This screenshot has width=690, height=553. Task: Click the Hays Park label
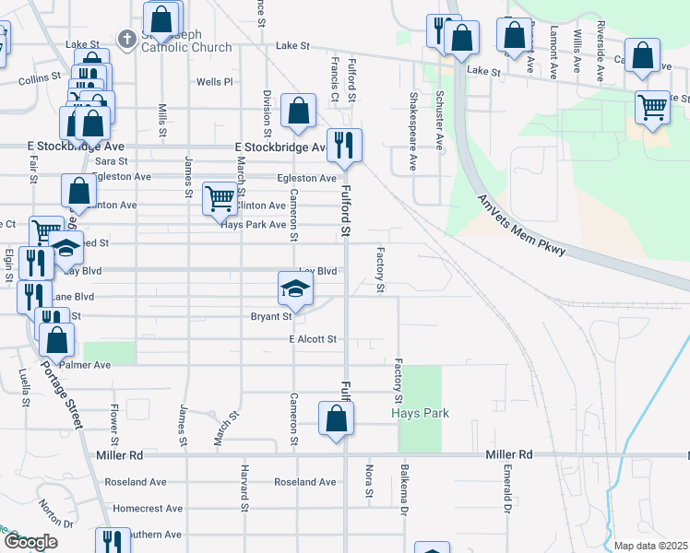pyautogui.click(x=420, y=413)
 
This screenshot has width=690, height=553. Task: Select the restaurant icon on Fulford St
pyautogui.click(x=344, y=146)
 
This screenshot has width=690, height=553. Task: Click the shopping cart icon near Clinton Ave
pyautogui.click(x=219, y=198)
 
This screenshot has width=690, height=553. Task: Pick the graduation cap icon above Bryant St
pyautogui.click(x=295, y=289)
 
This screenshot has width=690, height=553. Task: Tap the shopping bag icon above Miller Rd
pyautogui.click(x=337, y=418)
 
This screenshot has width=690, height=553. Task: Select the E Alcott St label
pyautogui.click(x=313, y=339)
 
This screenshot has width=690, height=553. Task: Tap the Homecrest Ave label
pyautogui.click(x=148, y=508)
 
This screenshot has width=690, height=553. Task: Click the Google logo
pyautogui.click(x=30, y=542)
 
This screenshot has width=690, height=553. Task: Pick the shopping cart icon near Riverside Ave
pyautogui.click(x=652, y=107)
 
